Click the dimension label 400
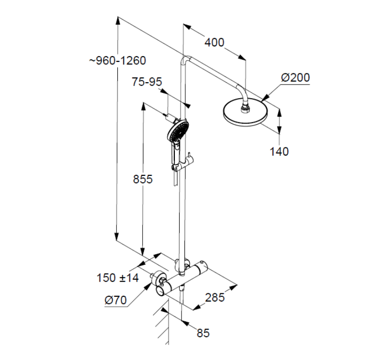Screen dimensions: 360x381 coord(214,43)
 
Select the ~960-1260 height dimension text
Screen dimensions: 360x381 coord(117,60)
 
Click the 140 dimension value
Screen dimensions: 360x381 coord(279,151)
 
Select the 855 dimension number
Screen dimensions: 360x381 coord(142,179)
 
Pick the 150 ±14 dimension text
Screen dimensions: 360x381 coord(118,278)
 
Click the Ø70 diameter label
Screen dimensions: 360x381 coord(115,301)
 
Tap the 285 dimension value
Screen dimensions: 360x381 coord(214,298)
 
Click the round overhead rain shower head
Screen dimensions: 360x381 coord(243,114)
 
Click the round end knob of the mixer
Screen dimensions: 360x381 coord(161,290)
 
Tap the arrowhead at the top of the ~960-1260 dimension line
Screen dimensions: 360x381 coord(117,19)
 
